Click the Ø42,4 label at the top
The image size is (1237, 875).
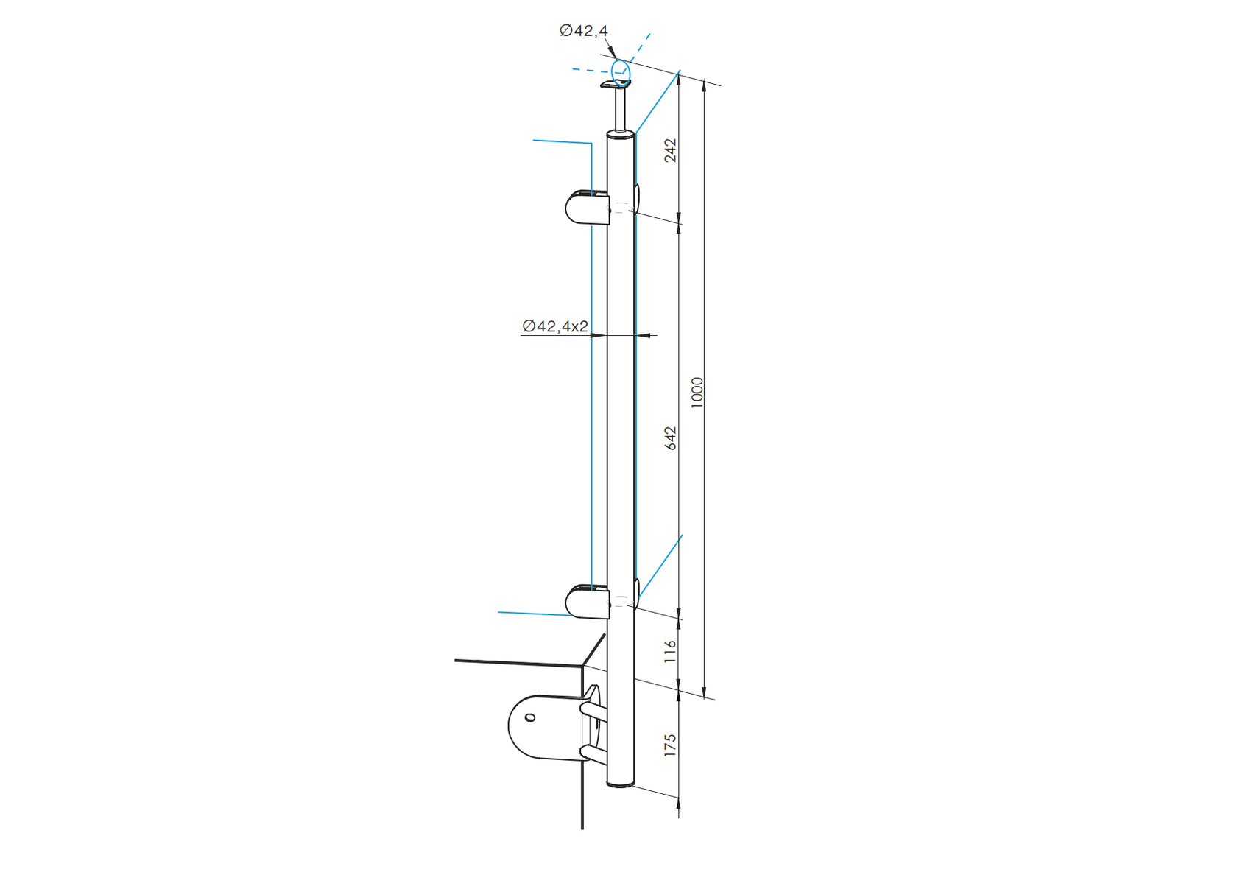(583, 31)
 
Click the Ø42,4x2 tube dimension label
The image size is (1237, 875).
(555, 326)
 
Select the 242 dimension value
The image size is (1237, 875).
(670, 150)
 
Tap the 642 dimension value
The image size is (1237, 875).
(670, 438)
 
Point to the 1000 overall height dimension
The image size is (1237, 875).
(697, 392)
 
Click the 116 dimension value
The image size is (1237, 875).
(670, 651)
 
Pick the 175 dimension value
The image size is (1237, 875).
(670, 745)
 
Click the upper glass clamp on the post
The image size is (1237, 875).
(586, 208)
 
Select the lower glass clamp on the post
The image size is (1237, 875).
(586, 602)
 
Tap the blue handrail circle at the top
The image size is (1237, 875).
(621, 71)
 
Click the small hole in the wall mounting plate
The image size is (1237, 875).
(529, 717)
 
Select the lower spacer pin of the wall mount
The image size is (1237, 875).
(594, 753)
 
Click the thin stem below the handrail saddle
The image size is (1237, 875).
(621, 109)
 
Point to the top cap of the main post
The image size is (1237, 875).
(620, 135)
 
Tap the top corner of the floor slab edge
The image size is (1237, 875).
(583, 667)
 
